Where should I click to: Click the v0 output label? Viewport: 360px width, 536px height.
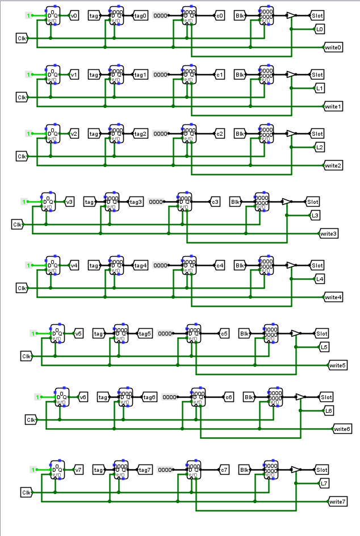point(74,16)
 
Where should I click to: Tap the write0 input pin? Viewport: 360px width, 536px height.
point(333,48)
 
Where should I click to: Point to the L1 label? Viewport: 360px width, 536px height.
point(320,89)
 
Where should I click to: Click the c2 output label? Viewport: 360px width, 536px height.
point(220,134)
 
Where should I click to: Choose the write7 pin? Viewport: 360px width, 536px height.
point(337,502)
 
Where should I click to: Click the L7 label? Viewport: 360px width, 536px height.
point(324,484)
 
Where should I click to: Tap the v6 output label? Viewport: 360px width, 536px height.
point(83,397)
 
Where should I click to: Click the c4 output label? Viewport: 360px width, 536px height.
point(220,265)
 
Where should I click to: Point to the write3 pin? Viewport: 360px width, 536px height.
point(329,233)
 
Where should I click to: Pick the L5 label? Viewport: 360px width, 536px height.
point(324,347)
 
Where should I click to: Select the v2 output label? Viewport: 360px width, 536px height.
point(74,134)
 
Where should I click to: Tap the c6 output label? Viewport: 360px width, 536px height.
point(229,397)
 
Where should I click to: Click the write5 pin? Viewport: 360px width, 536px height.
point(337,365)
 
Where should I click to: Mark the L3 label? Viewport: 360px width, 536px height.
point(316,216)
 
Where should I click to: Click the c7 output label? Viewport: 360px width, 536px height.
point(224,470)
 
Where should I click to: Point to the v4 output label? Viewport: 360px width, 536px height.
point(74,265)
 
